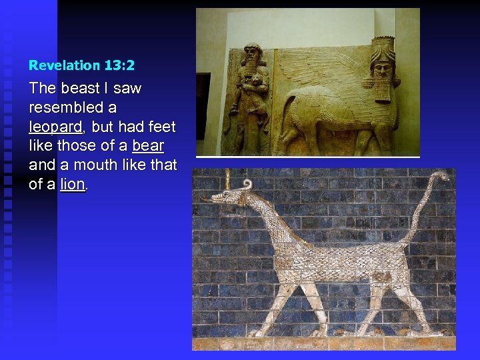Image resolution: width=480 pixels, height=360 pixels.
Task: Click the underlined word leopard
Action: pyautogui.click(x=55, y=126)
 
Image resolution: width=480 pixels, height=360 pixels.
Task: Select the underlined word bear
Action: pyautogui.click(x=148, y=145)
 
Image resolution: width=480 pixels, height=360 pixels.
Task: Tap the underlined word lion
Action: pyautogui.click(x=73, y=184)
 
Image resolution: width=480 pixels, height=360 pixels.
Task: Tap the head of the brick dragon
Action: pyautogui.click(x=230, y=197)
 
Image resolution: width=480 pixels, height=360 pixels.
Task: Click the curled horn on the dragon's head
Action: pyautogui.click(x=247, y=185)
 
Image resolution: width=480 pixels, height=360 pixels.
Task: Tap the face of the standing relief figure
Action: pyautogui.click(x=252, y=59)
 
